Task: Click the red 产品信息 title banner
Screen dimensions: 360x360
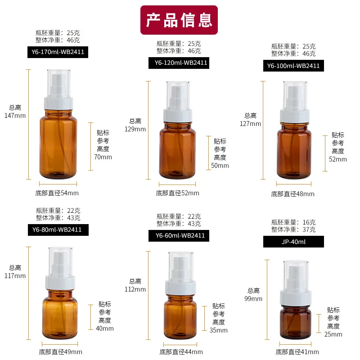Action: [179, 20]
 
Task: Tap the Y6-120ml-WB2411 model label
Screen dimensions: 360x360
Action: [179, 63]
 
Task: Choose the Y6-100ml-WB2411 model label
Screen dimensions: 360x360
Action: [293, 66]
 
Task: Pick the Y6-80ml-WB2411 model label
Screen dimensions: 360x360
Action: [57, 230]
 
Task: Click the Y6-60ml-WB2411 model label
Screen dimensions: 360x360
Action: [179, 235]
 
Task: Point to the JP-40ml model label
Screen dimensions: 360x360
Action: [293, 242]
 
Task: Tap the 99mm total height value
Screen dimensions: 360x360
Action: [254, 299]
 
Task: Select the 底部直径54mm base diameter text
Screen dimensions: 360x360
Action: [57, 193]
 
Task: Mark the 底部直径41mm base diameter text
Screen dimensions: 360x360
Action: [297, 352]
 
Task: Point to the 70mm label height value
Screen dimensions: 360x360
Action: [103, 157]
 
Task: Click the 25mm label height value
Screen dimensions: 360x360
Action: [333, 334]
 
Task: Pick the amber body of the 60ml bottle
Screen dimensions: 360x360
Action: [180, 318]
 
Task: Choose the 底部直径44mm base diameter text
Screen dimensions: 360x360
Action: [181, 352]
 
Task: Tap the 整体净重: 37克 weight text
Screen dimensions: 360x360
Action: [293, 229]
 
